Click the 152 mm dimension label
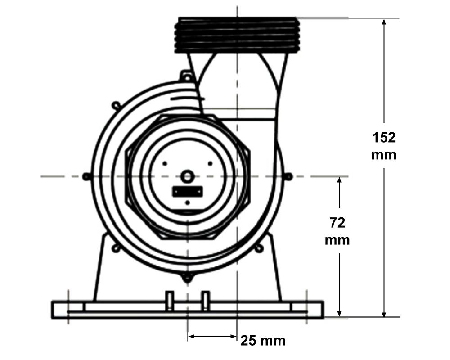coord(384,146)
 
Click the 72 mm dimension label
coord(337,231)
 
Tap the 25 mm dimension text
coord(263,341)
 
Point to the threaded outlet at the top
coord(237,35)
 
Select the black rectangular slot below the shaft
coord(187,192)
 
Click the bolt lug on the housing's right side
coord(289,176)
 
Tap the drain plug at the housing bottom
coord(187,277)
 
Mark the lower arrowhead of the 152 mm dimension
coord(384,313)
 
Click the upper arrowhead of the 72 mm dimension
coord(339,181)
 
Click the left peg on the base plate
coord(170,301)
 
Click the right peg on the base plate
coord(206,301)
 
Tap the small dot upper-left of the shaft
coord(165,164)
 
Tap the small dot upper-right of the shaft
coord(210,164)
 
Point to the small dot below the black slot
coord(187,202)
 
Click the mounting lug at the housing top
coord(187,76)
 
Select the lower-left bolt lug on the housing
coord(115,248)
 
